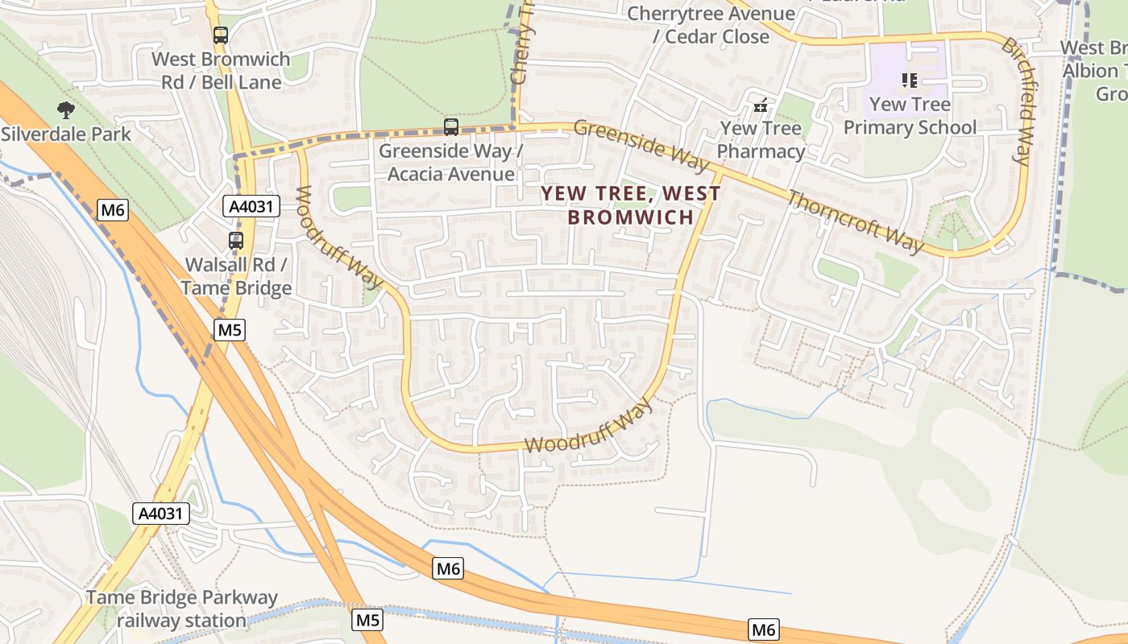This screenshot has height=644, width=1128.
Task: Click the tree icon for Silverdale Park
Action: (x=66, y=109)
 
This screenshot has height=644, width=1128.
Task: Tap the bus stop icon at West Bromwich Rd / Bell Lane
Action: (x=221, y=35)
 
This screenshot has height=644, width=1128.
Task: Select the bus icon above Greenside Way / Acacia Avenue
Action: (x=451, y=127)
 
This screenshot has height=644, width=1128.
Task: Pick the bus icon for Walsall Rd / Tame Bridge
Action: (x=236, y=241)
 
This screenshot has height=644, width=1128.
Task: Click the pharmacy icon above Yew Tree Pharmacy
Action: (x=760, y=105)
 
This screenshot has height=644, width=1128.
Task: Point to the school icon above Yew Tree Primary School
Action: (x=910, y=80)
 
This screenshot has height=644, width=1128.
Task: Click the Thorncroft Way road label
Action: (x=855, y=221)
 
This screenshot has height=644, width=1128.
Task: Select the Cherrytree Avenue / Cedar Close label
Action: (x=711, y=25)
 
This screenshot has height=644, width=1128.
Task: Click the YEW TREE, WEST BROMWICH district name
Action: (x=631, y=205)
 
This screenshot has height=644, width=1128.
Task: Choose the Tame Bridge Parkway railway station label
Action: (x=181, y=609)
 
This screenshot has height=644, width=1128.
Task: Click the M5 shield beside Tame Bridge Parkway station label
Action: (x=367, y=620)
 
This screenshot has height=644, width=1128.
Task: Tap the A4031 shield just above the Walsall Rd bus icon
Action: (x=251, y=207)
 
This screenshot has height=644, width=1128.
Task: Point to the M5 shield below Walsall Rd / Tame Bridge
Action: (x=230, y=329)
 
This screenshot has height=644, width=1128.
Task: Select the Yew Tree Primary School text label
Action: (x=910, y=116)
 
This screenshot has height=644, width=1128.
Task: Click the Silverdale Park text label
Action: (x=66, y=134)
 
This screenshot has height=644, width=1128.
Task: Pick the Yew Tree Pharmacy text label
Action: (x=761, y=140)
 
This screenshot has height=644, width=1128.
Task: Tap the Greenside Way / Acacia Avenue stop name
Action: (x=451, y=163)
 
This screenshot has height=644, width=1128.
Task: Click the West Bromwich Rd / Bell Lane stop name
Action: (x=221, y=71)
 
